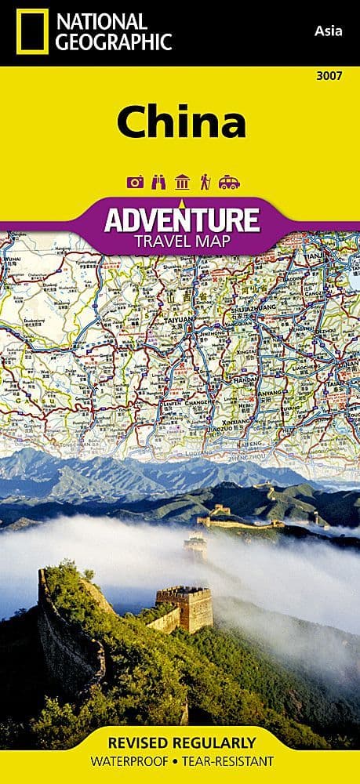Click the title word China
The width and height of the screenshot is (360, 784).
coord(181,124)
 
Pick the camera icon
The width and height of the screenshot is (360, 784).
coord(135,182)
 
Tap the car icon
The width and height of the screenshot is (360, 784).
coord(229,182)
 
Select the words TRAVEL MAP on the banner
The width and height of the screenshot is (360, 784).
coord(180,240)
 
